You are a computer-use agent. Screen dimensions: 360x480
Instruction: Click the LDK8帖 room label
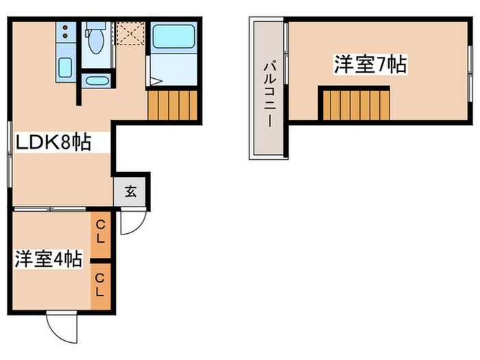click(53, 143)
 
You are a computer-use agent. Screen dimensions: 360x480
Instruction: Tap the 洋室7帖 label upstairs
click(370, 65)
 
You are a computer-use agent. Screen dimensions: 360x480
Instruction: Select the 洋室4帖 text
click(49, 259)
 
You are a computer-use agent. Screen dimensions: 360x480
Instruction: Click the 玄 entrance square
click(131, 191)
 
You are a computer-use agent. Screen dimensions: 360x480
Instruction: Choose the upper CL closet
click(101, 234)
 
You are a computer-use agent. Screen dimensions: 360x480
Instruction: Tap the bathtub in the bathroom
click(173, 36)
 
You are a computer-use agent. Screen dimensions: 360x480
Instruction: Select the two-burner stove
click(64, 32)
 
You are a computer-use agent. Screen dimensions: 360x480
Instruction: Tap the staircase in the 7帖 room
click(356, 104)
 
